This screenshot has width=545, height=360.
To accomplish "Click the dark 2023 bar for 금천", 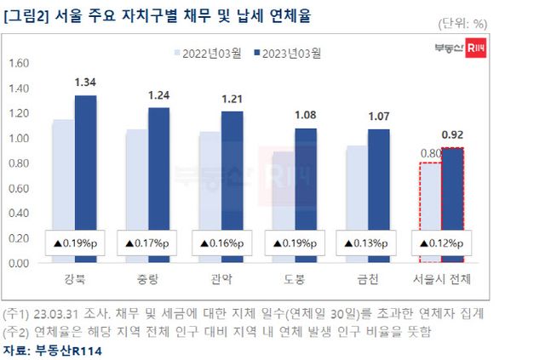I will point(380,179).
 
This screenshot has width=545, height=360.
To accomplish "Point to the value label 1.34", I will point(85,82).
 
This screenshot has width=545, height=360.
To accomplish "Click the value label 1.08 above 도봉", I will point(307,114).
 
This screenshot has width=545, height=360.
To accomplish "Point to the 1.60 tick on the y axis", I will point(19,62).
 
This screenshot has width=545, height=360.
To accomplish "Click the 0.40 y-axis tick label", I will point(19,213).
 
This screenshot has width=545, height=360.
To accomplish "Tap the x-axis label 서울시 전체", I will point(443,279).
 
